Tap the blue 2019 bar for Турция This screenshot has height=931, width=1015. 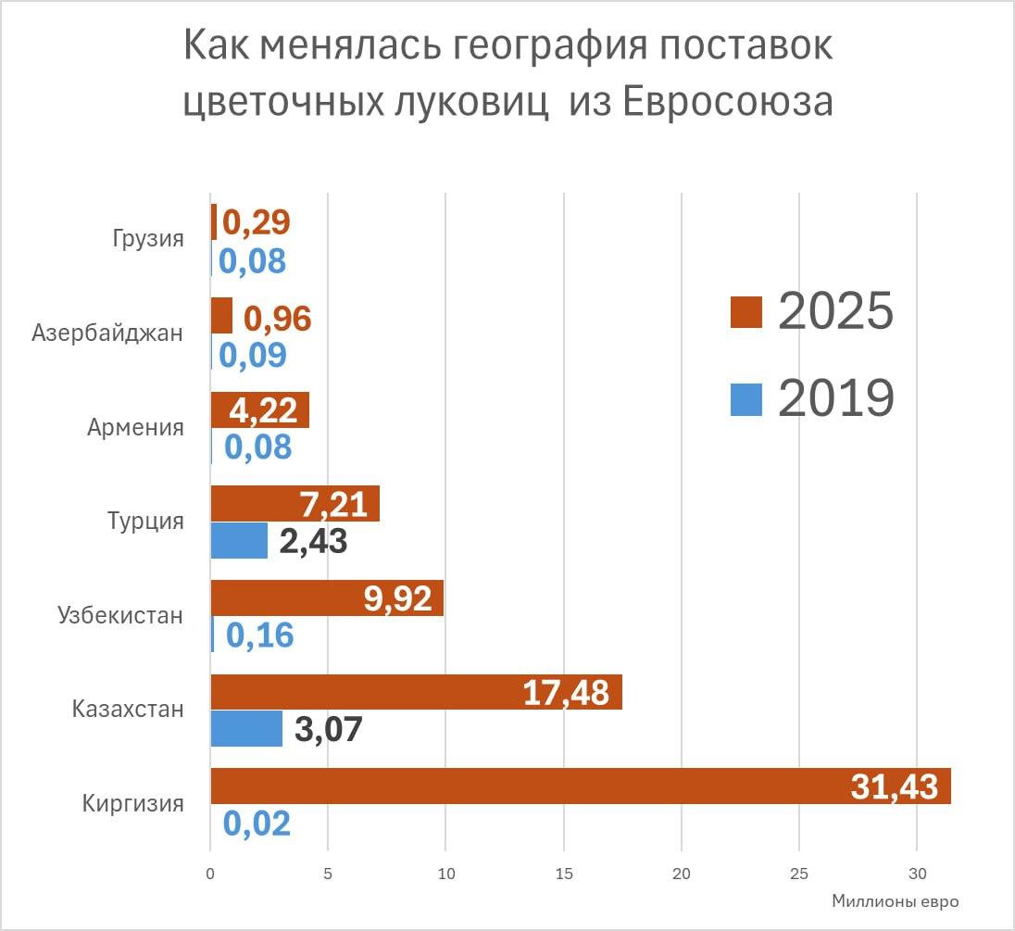coord(239,540)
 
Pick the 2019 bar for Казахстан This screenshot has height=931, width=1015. coord(246,728)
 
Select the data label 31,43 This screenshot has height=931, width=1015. coord(894,786)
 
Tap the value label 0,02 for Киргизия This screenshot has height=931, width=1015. coord(257,824)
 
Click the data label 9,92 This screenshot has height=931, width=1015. coord(398,599)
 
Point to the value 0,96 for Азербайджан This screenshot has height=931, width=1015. coord(278,319)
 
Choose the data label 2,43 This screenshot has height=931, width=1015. coord(313,541)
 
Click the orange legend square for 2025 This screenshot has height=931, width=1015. coord(746,312)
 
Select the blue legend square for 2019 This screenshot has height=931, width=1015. coord(746,400)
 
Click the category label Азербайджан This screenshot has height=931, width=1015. coord(107,333)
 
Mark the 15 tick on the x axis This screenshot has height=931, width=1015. coord(563,873)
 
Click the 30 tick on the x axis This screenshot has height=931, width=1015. coord(916,873)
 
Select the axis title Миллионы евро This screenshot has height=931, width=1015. coord(895,900)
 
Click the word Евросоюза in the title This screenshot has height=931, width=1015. coord(726,103)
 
